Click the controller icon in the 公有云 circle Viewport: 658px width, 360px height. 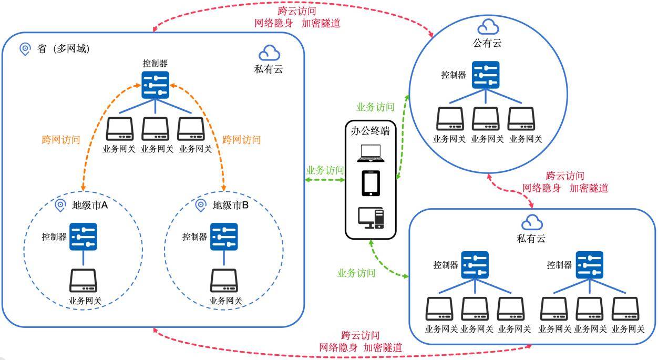click(x=486, y=75)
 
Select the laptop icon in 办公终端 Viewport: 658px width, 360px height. click(x=371, y=152)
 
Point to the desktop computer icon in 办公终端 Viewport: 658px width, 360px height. click(x=371, y=218)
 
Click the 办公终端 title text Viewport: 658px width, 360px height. click(x=371, y=131)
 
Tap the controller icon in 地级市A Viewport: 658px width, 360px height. click(x=84, y=236)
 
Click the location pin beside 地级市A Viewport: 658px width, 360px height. click(x=60, y=205)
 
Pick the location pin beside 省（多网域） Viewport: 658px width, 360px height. click(x=25, y=49)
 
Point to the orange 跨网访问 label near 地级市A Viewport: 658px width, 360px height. click(x=60, y=140)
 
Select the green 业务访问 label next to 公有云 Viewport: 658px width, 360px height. click(x=375, y=107)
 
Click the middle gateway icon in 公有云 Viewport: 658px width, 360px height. click(x=486, y=119)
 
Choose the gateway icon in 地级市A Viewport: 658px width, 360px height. click(x=84, y=281)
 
